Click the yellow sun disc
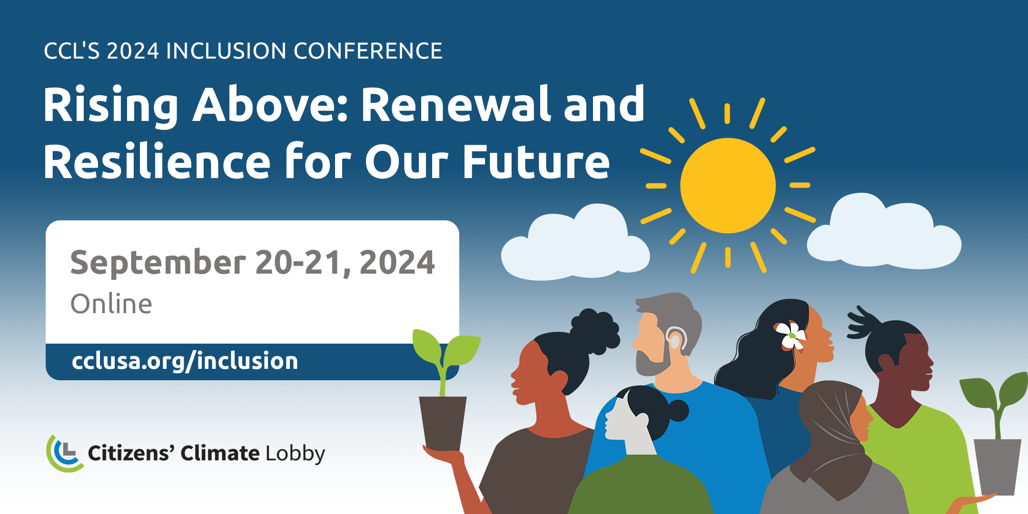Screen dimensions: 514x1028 (x=728, y=185)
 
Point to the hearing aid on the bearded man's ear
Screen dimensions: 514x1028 (x=676, y=338)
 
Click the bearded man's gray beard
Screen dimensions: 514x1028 (x=652, y=364)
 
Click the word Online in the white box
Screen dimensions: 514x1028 (x=111, y=304)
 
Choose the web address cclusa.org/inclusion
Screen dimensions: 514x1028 (x=185, y=361)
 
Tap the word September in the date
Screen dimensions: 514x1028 (x=158, y=263)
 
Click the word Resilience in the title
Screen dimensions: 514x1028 (x=157, y=162)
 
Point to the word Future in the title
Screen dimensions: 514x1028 (x=536, y=162)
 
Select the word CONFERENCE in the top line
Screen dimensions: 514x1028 (x=368, y=51)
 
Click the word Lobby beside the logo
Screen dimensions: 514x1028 (x=295, y=454)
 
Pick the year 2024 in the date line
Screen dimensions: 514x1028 (x=397, y=263)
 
